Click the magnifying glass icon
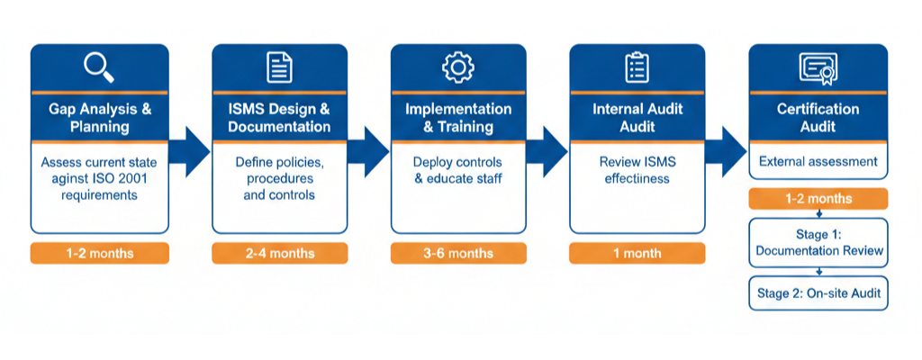(98, 67)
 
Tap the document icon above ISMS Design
(279, 67)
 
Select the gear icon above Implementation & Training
(457, 67)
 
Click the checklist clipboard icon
(637, 67)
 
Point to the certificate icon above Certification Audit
(818, 67)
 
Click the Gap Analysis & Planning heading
(99, 118)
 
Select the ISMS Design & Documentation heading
(279, 118)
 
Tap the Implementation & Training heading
(458, 118)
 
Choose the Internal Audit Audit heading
(637, 118)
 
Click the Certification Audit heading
(818, 118)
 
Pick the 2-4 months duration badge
(279, 253)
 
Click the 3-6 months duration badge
(458, 253)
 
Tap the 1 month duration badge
(637, 253)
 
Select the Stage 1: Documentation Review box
(818, 242)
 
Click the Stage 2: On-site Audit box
(818, 292)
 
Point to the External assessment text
(818, 162)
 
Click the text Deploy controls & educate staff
(458, 170)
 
